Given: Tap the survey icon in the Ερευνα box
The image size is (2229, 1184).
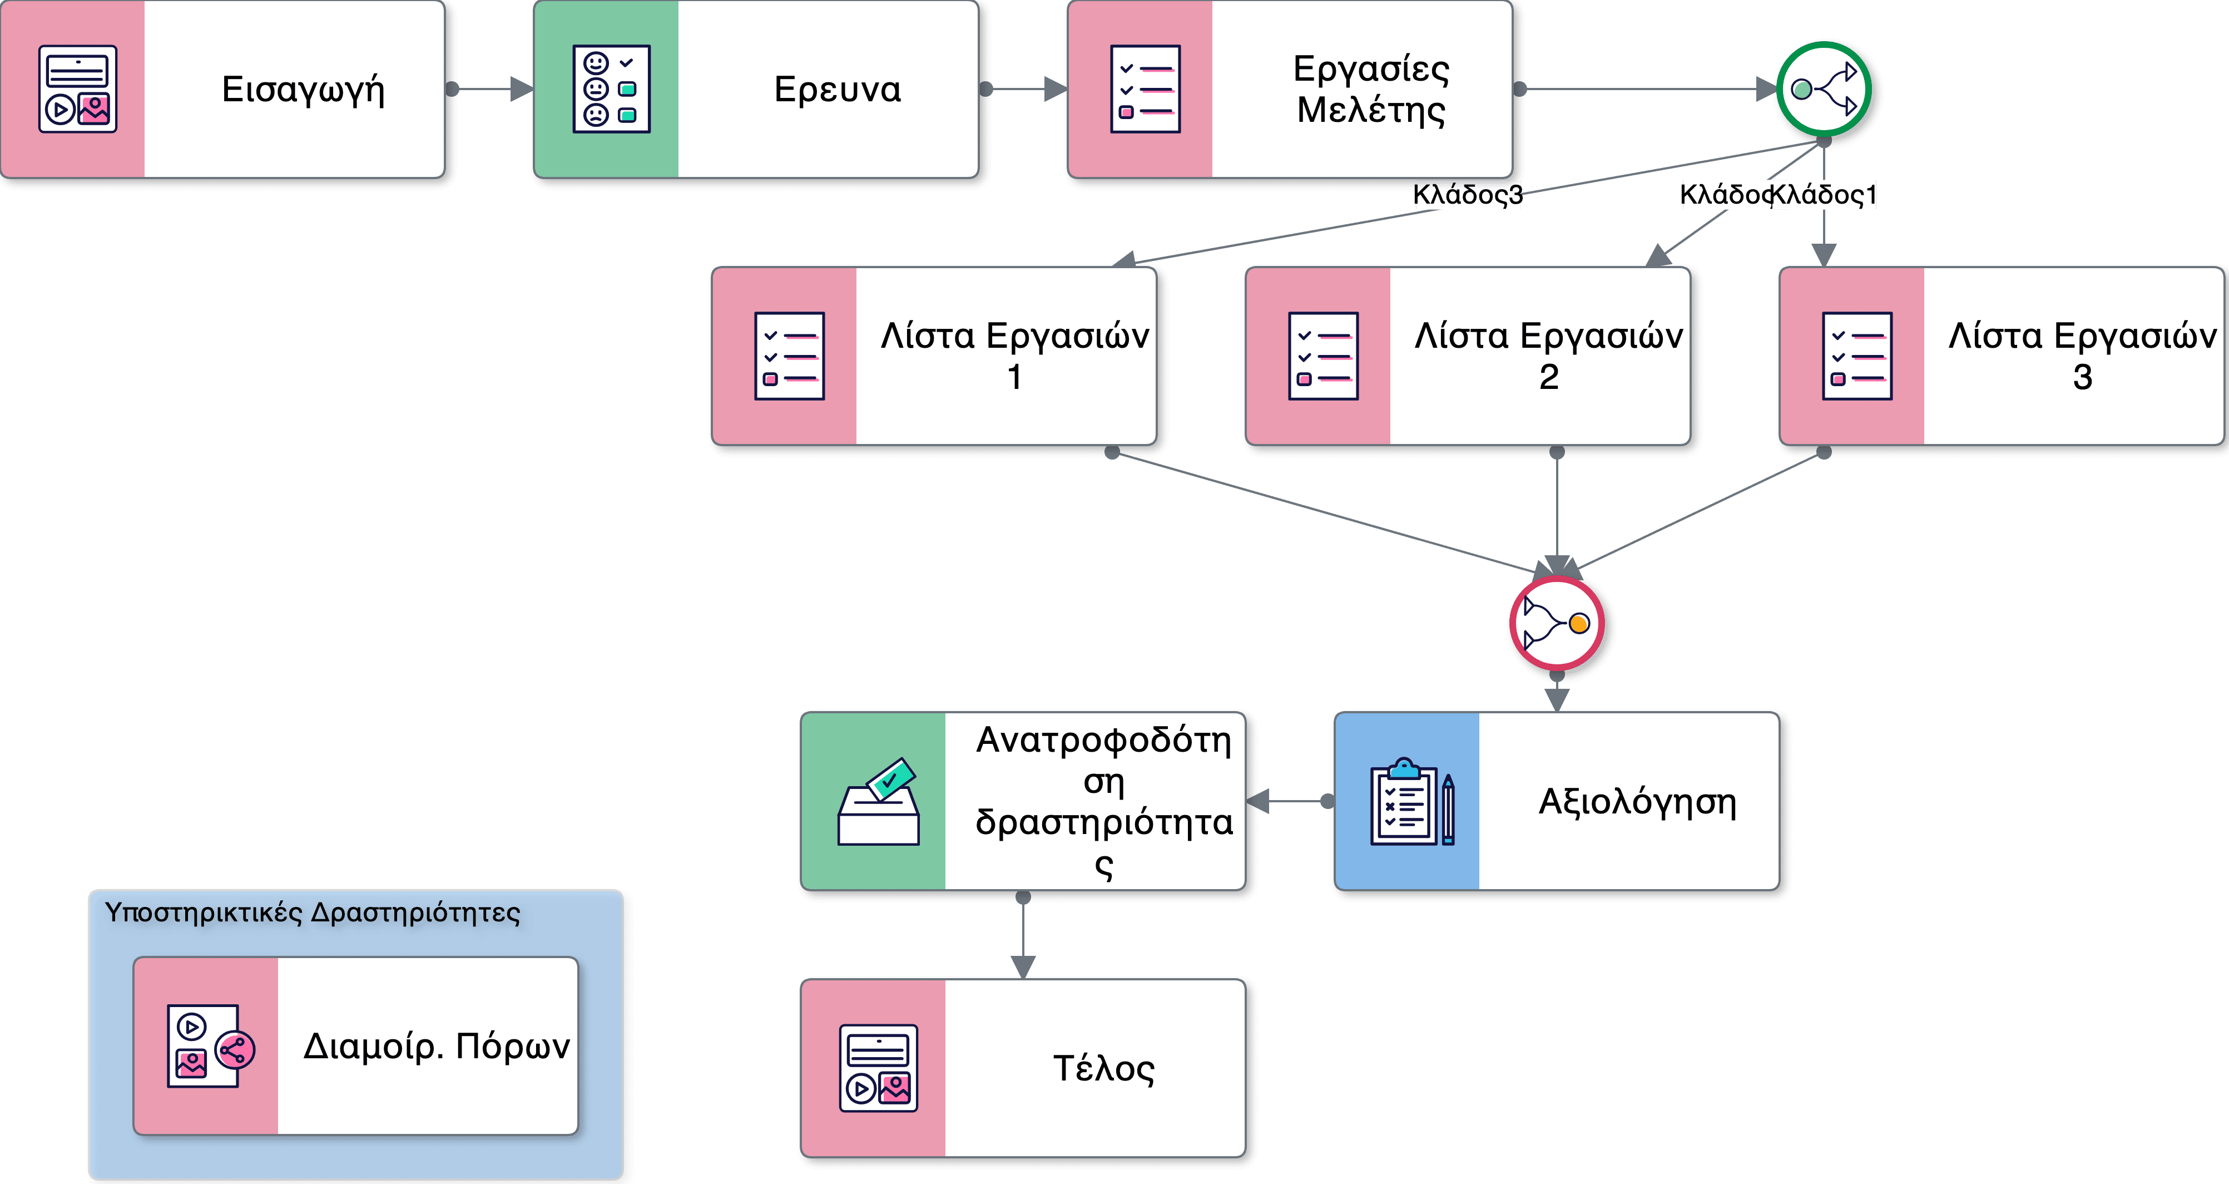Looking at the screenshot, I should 611,89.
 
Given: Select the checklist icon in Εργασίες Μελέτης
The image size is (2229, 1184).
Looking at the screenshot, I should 1145,89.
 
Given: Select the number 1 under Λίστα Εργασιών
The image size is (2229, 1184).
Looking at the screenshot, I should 1014,377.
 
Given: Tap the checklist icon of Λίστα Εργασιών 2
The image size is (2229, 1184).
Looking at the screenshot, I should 1323,356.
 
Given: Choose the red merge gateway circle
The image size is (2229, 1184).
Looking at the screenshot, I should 1556,623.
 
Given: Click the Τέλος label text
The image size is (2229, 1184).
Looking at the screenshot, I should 1103,1069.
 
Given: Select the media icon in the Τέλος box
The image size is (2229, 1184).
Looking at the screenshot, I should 878,1068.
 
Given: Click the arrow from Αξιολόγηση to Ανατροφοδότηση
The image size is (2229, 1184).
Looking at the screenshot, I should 1289,801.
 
